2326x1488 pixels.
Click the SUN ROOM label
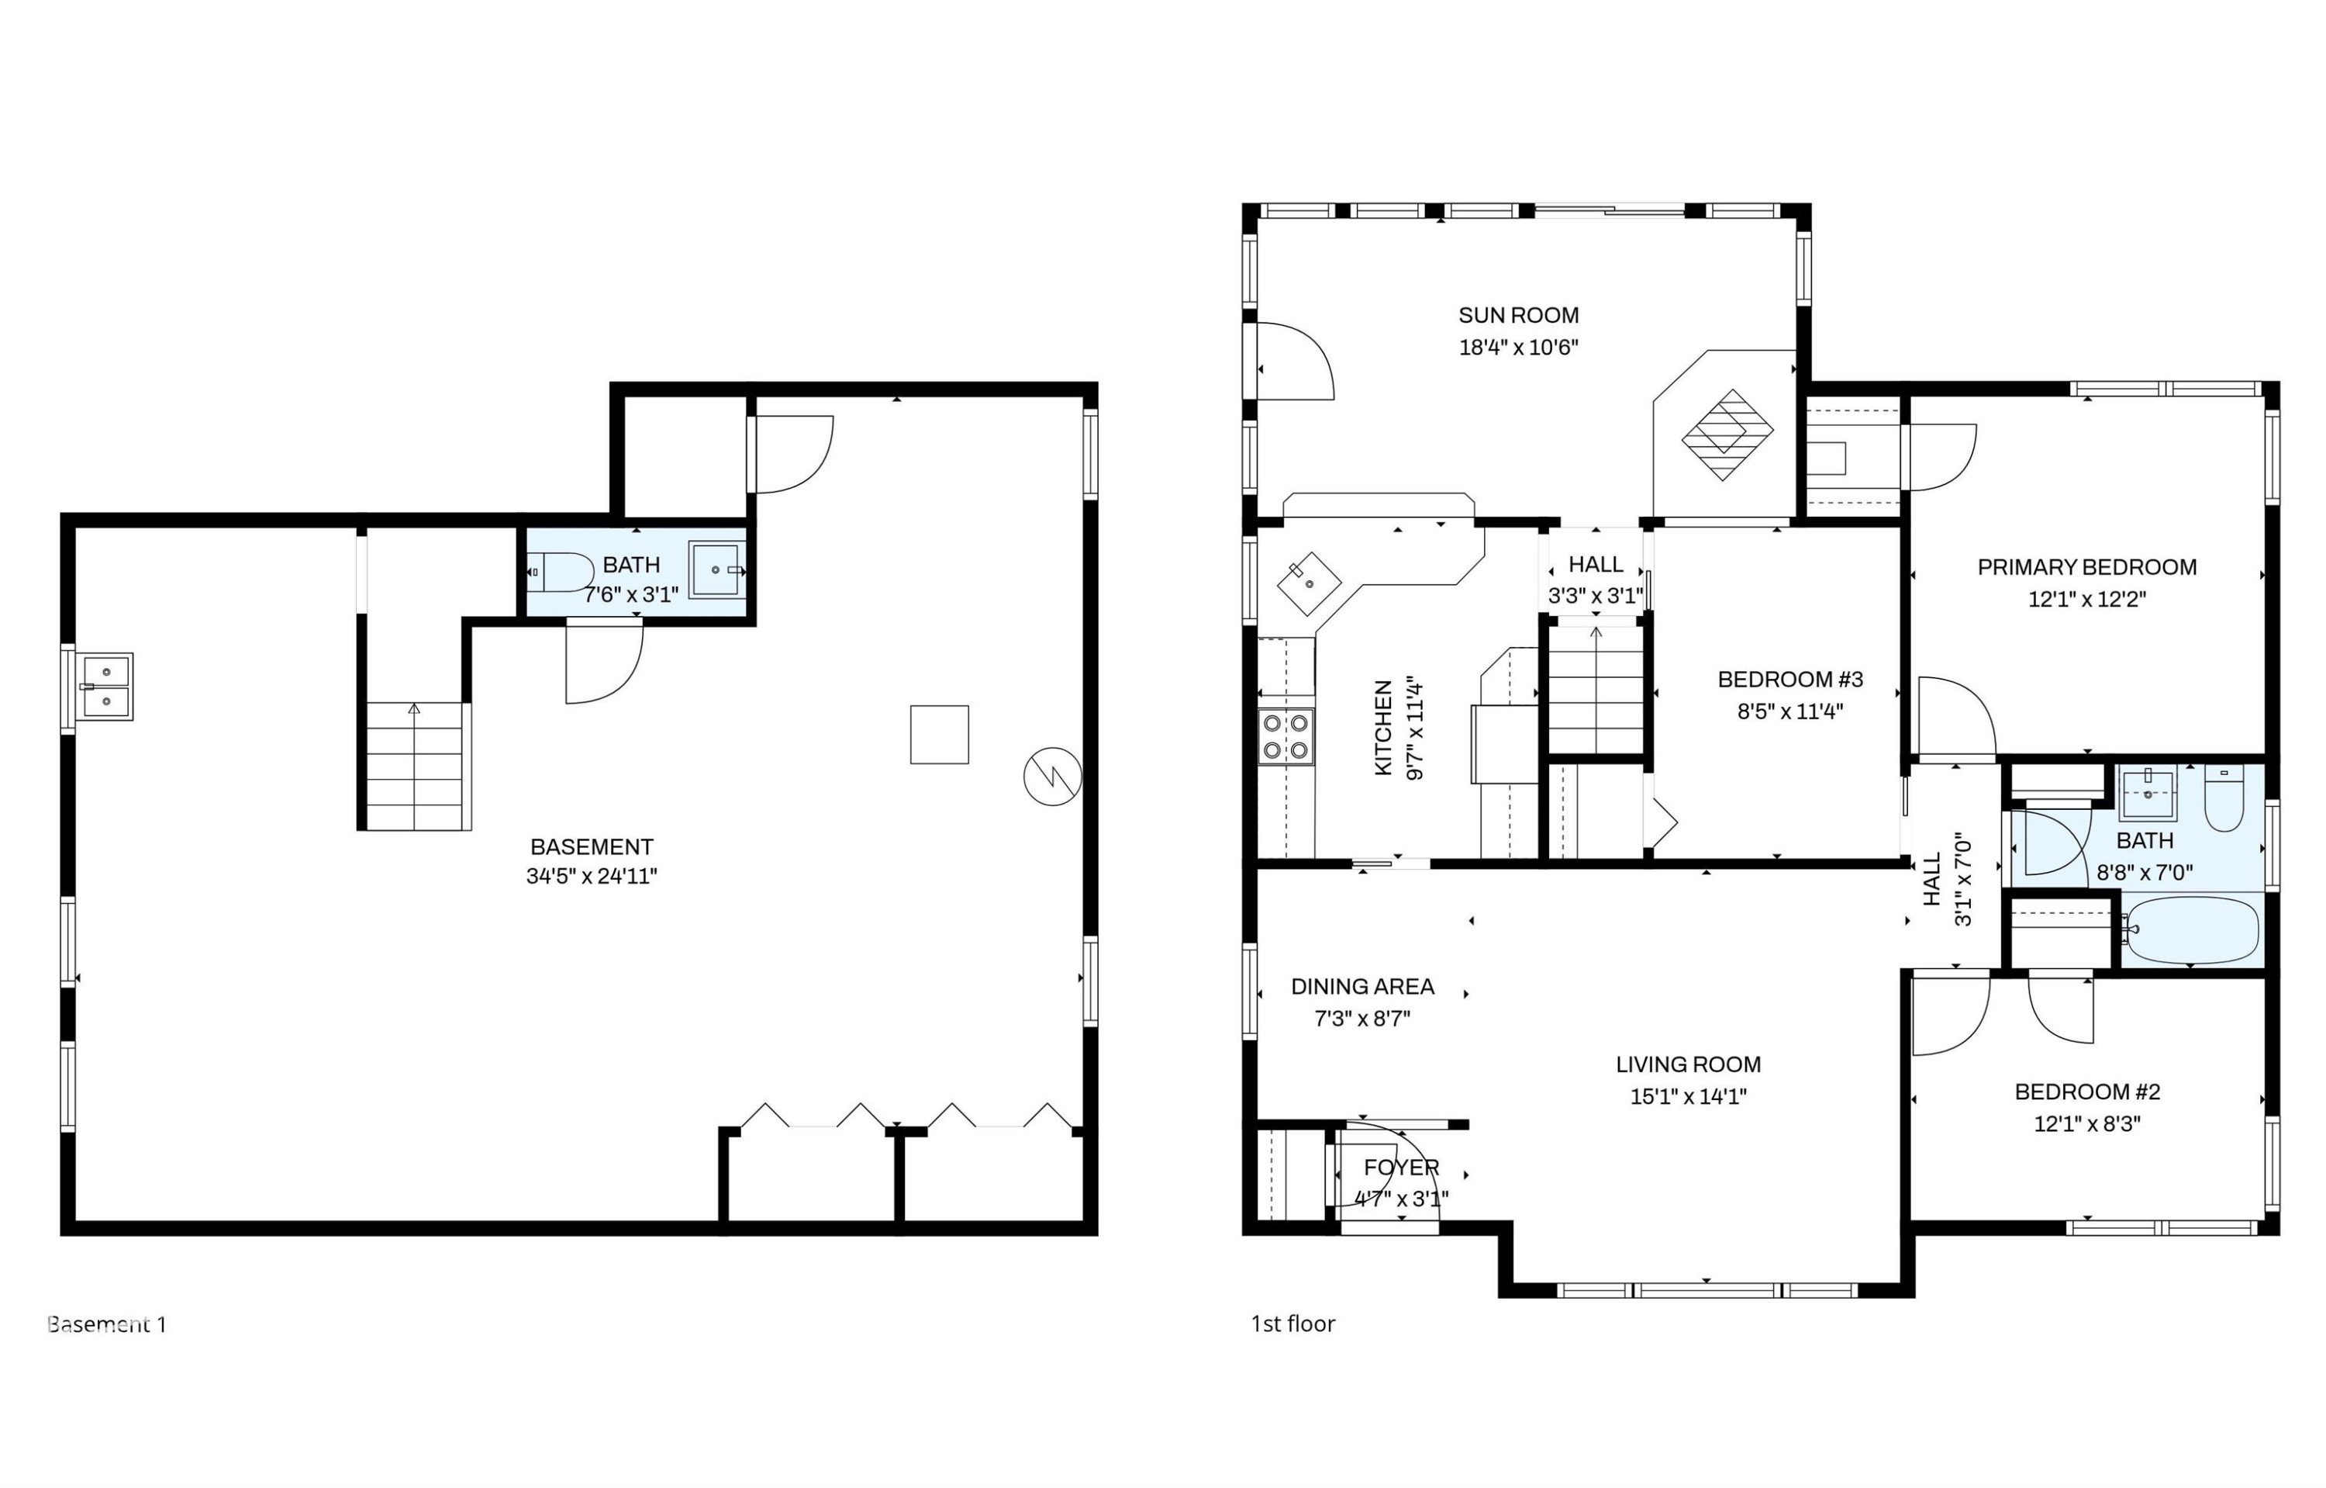point(1518,315)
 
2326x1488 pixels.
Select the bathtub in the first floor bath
point(2191,930)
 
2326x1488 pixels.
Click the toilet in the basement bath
point(561,572)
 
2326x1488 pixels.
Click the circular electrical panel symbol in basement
point(1052,776)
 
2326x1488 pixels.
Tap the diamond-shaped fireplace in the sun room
point(1727,434)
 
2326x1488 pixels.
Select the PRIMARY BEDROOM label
point(2086,567)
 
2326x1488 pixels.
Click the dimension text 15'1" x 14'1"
point(1689,1095)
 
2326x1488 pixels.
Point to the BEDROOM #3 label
point(1790,680)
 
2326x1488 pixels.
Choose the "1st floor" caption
point(1292,1324)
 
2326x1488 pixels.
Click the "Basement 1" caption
point(107,1324)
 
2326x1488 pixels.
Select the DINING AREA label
point(1362,987)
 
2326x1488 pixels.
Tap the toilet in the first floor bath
point(2224,798)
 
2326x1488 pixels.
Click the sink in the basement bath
point(716,570)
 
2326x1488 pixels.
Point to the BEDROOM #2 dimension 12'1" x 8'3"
point(2086,1123)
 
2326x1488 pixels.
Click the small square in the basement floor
point(939,735)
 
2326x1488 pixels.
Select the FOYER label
point(1402,1168)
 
